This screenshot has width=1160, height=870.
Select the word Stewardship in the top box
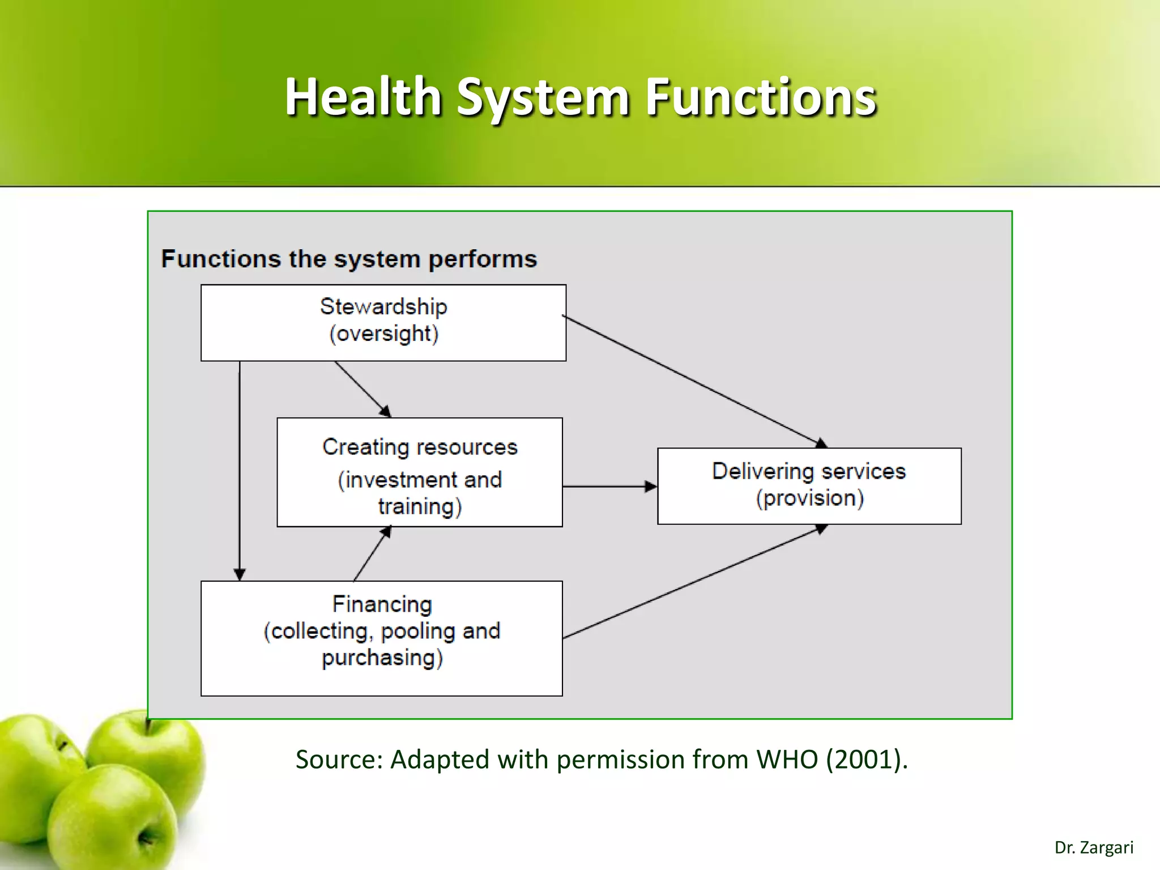tap(383, 306)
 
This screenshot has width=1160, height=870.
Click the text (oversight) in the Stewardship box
tap(383, 334)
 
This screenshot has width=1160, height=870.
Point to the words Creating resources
tap(420, 447)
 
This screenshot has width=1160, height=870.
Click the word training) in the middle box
tap(420, 506)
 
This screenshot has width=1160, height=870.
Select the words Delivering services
tap(809, 471)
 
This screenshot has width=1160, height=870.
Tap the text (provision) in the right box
tap(809, 498)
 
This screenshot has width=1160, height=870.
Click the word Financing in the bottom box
tap(382, 604)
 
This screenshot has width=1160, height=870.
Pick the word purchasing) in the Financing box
tap(382, 658)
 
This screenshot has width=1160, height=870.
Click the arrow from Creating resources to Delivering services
tap(609, 486)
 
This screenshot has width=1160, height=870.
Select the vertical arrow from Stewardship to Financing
tap(240, 470)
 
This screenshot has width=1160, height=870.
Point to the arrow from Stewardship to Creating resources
tap(362, 389)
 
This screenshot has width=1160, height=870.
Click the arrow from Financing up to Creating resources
tap(372, 555)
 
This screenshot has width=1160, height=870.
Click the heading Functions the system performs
tap(349, 259)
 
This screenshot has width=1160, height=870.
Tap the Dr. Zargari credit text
tap(1093, 848)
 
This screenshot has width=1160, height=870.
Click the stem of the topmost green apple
tap(147, 724)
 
